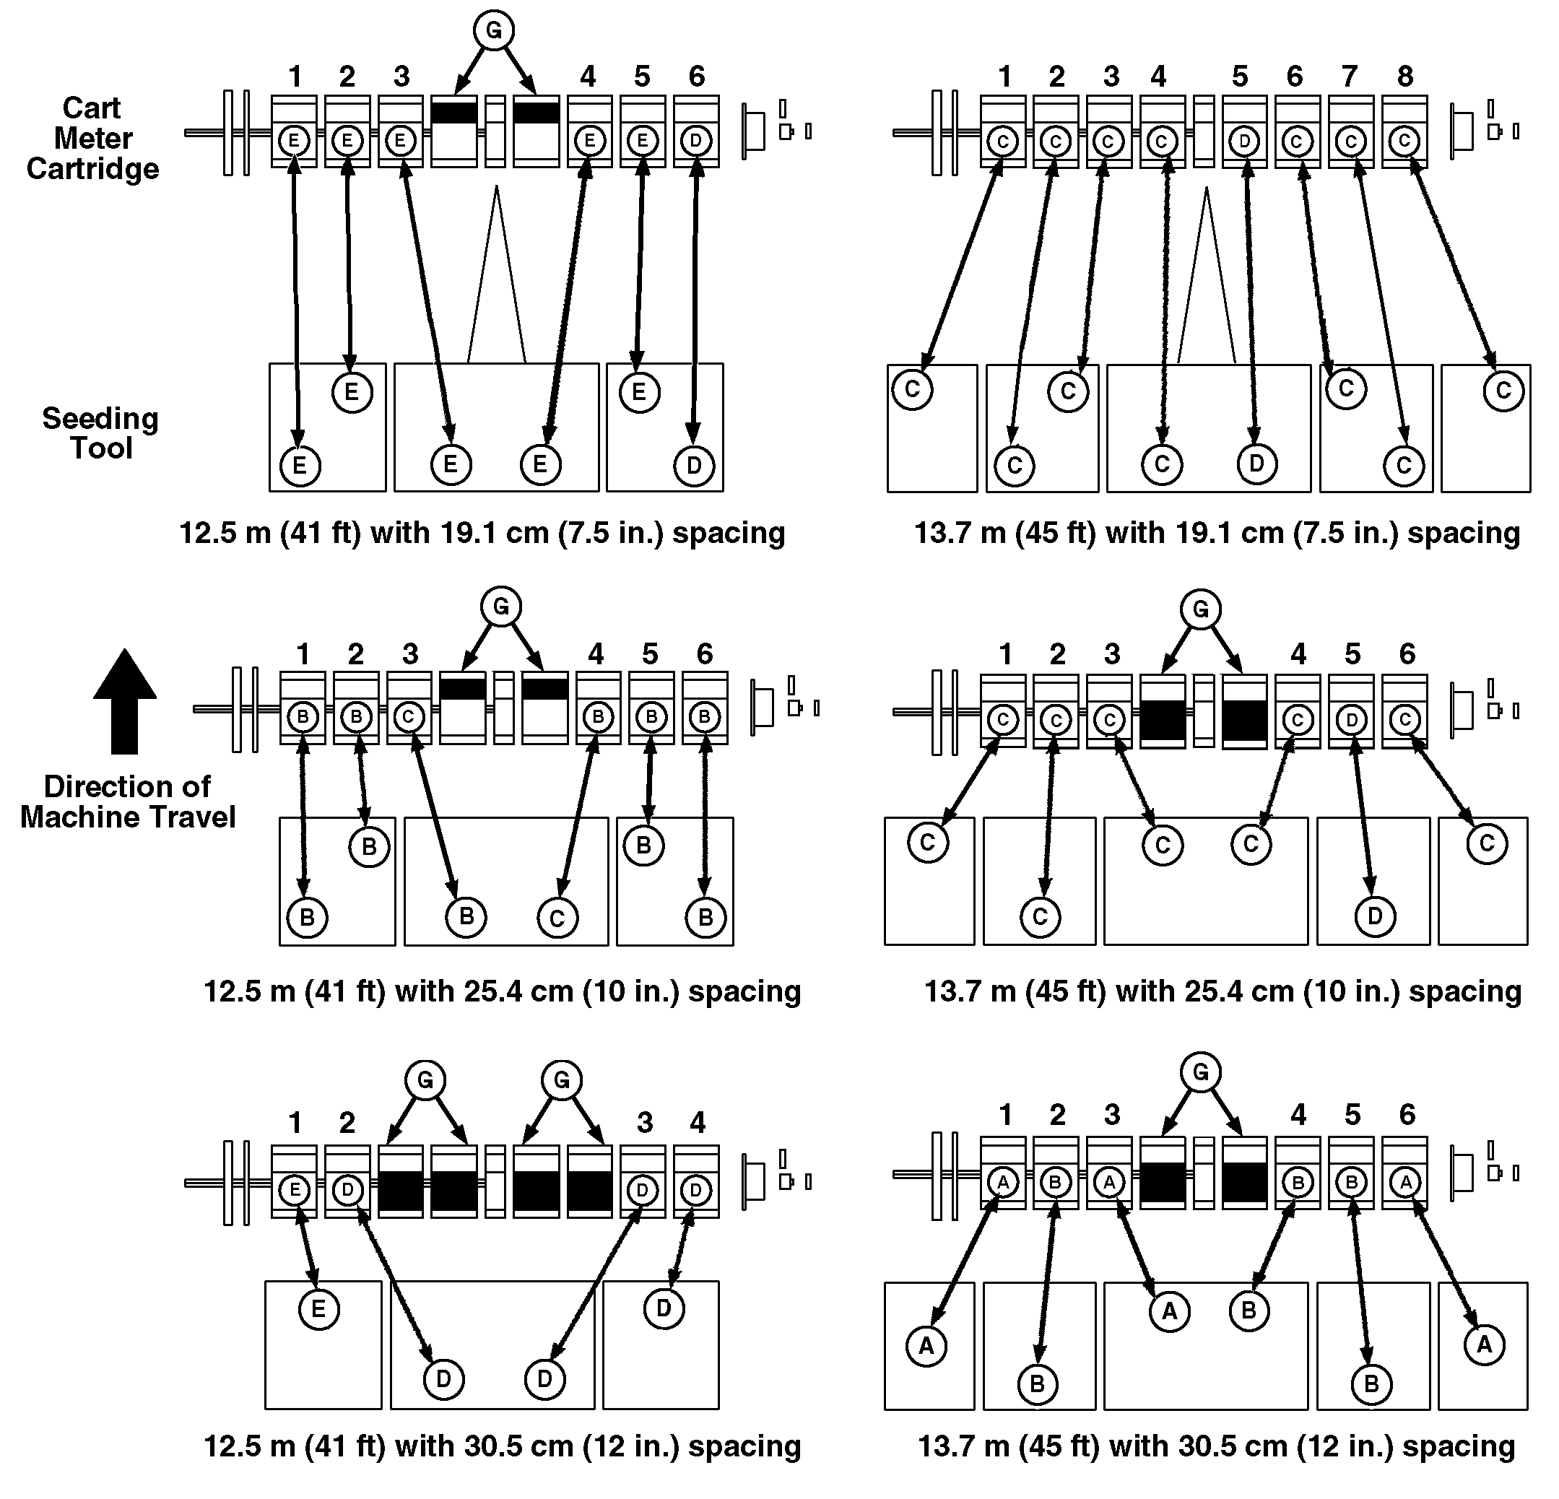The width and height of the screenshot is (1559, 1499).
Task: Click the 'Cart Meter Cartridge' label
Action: pos(93,139)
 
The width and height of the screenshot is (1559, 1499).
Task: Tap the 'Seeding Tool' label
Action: pos(100,433)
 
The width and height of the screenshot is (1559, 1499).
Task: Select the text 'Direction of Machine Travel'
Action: pos(127,801)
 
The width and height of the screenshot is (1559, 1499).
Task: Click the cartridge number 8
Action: pos(1405,77)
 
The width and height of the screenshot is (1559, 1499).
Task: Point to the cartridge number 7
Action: pos(1350,77)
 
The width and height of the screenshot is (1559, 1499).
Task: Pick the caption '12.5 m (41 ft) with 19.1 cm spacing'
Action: pos(482,533)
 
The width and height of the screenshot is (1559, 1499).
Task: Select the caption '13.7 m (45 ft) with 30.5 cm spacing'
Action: pos(1216,1446)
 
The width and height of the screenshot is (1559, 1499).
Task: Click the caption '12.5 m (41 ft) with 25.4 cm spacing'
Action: pos(502,991)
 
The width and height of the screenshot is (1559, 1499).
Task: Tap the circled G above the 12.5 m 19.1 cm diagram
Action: pos(494,31)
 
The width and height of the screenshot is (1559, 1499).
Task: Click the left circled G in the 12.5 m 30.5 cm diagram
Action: pos(425,1080)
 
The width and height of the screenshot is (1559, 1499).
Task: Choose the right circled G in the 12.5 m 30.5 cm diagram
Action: pos(563,1080)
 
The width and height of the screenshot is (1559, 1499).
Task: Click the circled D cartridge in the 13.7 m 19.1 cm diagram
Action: pos(1244,142)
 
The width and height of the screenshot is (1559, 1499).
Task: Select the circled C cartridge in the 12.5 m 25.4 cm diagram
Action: pos(408,716)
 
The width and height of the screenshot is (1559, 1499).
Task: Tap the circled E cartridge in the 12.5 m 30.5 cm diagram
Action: pos(295,1191)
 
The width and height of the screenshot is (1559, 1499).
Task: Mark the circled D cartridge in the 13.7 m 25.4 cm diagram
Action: pos(1352,721)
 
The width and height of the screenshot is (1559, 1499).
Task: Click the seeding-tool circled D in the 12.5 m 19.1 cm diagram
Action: pos(695,465)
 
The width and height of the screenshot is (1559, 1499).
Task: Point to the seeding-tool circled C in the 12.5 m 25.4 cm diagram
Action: pos(557,918)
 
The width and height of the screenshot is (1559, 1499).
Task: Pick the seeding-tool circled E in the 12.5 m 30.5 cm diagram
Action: pos(319,1309)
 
